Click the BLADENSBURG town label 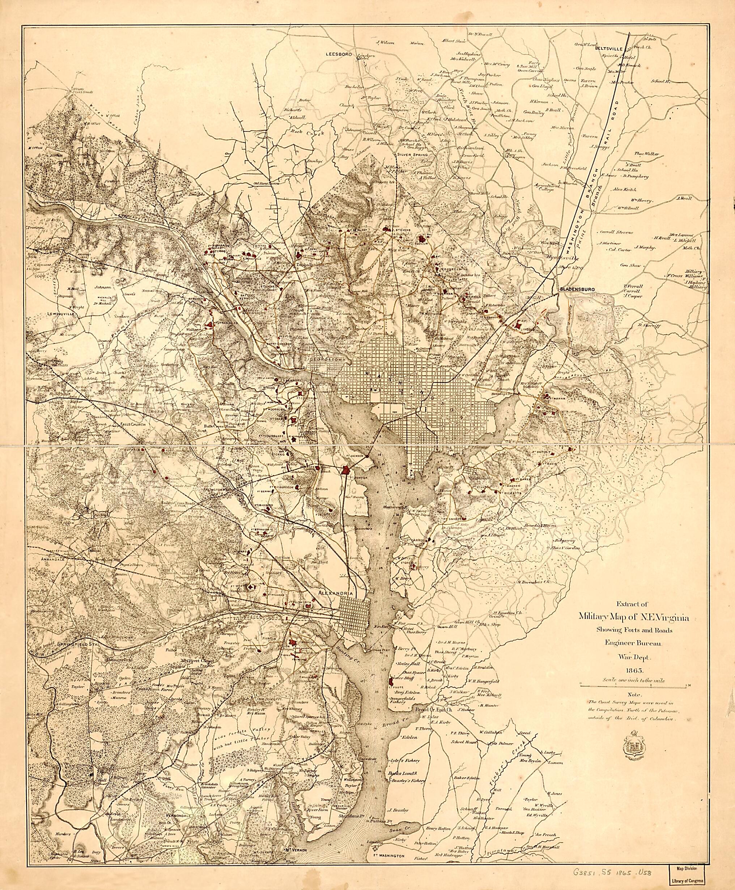pyautogui.click(x=577, y=289)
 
